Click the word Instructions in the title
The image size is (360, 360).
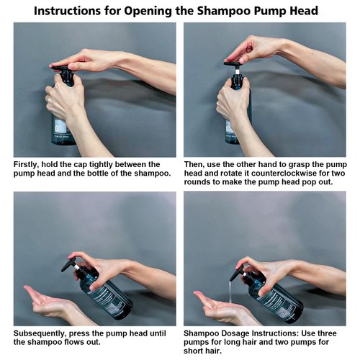coord(68,11)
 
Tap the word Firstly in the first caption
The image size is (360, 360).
coord(26,165)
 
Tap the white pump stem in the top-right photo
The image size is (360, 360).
coord(237,71)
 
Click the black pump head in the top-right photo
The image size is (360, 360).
coord(235,64)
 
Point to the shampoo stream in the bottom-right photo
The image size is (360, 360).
coord(230,292)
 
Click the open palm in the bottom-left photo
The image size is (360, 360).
coord(45,298)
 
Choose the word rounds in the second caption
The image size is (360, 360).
coord(197,182)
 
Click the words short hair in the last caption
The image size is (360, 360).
coord(202,351)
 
